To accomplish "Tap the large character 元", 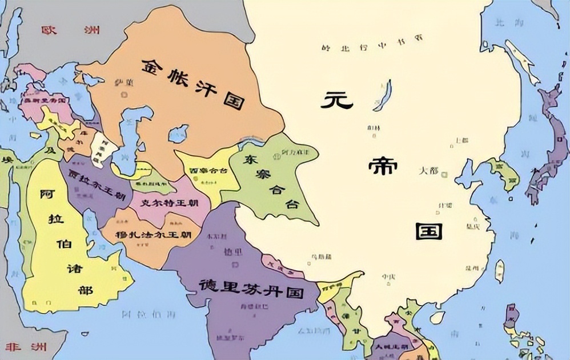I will tap(337, 102).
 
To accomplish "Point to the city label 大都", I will tap(429, 170).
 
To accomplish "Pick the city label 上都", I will tap(460, 140).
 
